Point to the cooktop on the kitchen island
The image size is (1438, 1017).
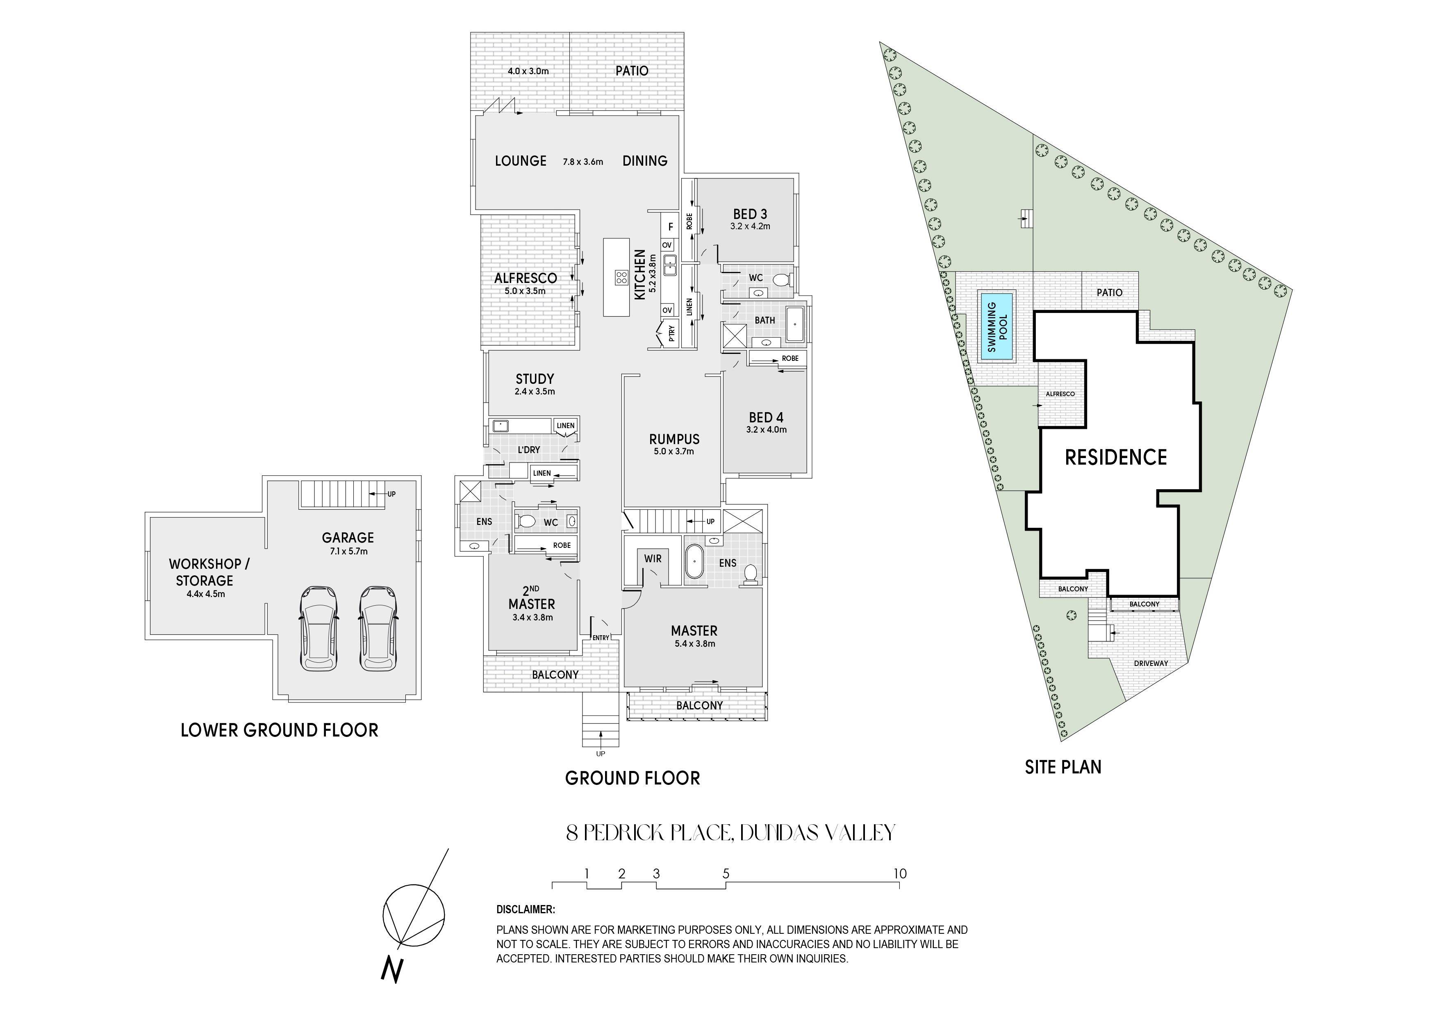pyautogui.click(x=621, y=278)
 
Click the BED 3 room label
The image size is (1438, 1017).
pyautogui.click(x=750, y=214)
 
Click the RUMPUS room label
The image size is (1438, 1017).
pyautogui.click(x=674, y=439)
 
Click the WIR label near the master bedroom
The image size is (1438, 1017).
pyautogui.click(x=653, y=558)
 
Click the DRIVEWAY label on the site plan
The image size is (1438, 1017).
pyautogui.click(x=1151, y=663)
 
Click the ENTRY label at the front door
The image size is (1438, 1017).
pyautogui.click(x=600, y=638)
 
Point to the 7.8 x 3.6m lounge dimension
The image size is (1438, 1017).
pyautogui.click(x=582, y=162)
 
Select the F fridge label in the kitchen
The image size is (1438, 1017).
pyautogui.click(x=670, y=227)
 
